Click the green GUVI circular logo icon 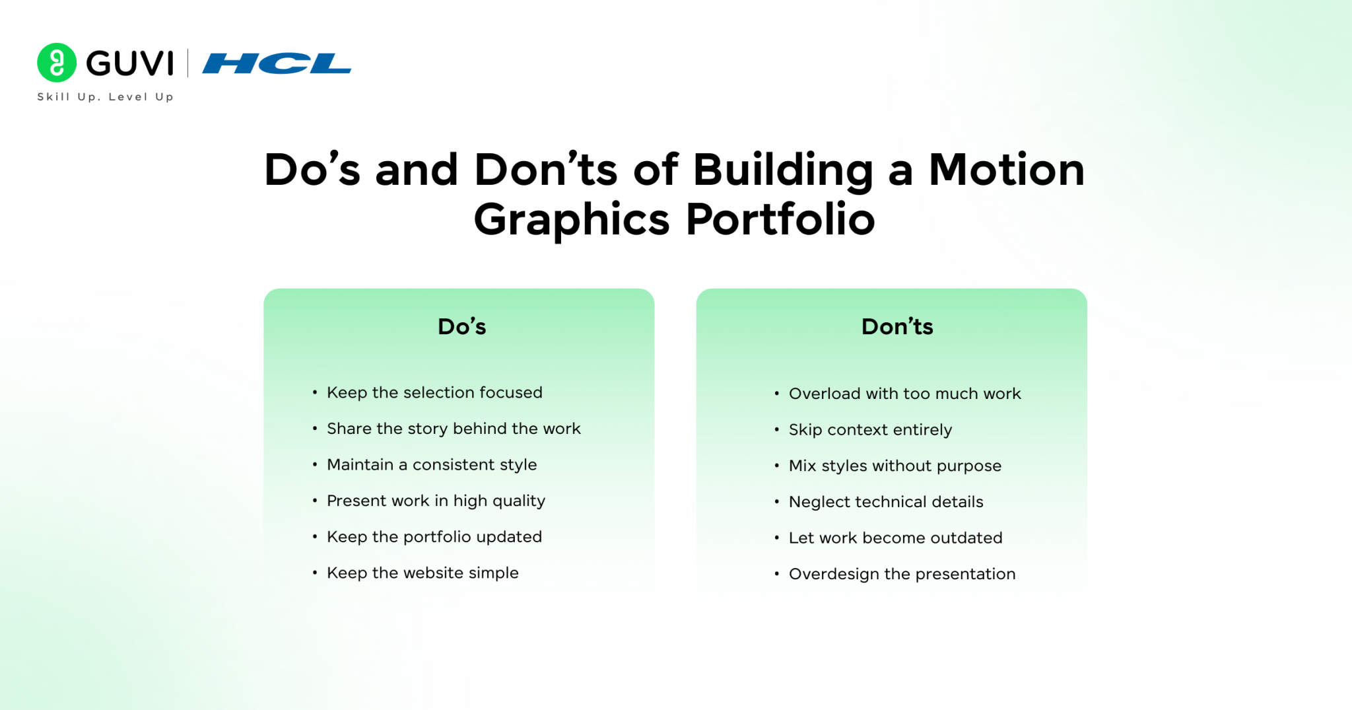coord(57,63)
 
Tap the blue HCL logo coord(277,63)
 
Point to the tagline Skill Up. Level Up coord(106,96)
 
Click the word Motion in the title coord(1007,170)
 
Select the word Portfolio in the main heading coord(781,219)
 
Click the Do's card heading coord(462,326)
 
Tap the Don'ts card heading coord(897,326)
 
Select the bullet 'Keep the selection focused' coord(434,392)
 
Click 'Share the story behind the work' coord(454,429)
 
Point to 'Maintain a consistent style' coord(432,465)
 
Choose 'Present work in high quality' coord(436,501)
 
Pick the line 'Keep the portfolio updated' coord(434,537)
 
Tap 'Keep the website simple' coord(422,573)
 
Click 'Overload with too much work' coord(905,394)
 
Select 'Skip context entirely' coord(870,430)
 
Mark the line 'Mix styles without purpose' coord(895,466)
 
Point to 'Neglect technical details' coord(886,502)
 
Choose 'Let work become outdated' coord(895,538)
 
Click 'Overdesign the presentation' coord(902,575)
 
